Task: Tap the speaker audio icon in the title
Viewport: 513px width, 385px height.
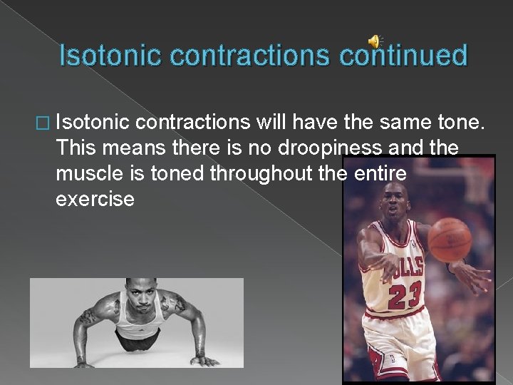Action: click(375, 41)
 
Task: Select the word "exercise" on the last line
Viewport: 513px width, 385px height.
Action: click(94, 198)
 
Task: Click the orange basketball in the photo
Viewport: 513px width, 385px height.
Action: click(449, 241)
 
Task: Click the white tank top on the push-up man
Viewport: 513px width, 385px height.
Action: click(138, 327)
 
